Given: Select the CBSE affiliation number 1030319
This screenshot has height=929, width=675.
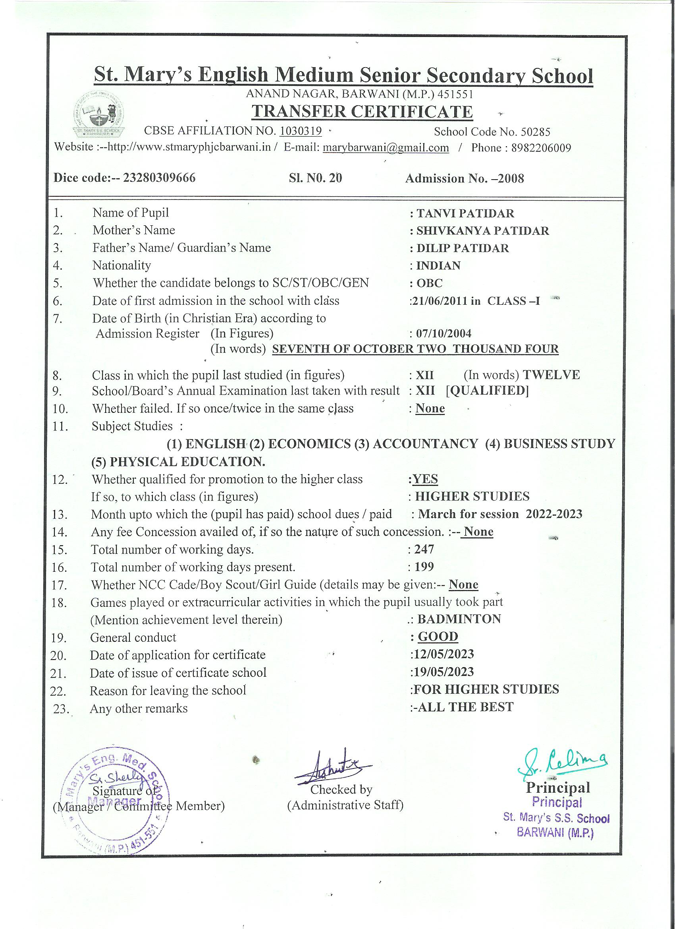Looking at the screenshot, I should pos(301,131).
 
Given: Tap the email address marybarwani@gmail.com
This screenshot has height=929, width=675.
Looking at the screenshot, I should pos(386,148).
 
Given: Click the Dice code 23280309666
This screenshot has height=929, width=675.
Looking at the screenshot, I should pos(159,178).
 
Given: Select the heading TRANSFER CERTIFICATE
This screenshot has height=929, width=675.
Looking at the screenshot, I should pos(362,112).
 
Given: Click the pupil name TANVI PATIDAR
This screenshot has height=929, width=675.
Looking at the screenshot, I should pos(465,213).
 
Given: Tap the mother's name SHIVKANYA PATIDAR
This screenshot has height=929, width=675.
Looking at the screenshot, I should pos(482,231).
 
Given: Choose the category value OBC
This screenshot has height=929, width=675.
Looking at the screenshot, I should pos(429,283).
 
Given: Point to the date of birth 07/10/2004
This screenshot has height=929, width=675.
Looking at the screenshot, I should pos(444,333).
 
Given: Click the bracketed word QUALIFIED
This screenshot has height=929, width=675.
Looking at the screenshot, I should pos(487,391).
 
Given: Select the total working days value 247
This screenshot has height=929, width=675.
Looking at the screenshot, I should pos(424,549).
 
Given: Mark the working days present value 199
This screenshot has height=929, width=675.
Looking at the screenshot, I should pos(424,567).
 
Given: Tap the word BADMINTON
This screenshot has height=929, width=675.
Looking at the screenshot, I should pos(459,619).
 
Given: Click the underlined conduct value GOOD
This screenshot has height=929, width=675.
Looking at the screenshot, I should pos(438,637).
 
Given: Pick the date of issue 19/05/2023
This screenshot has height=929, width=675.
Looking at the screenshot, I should pos(444,672).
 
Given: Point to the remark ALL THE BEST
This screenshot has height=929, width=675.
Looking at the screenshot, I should pos(465,707).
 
